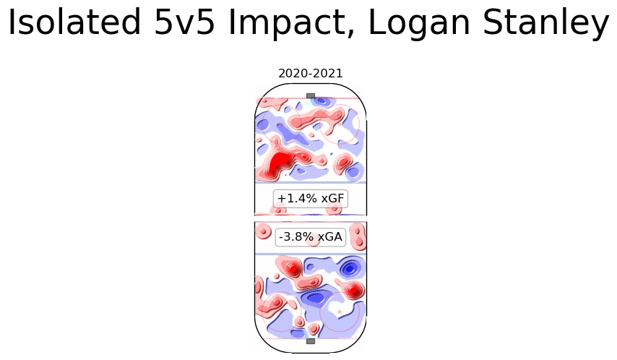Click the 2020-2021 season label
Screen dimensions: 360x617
click(x=311, y=73)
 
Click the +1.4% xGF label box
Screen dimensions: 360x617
click(x=311, y=198)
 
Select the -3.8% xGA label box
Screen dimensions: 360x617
click(x=311, y=236)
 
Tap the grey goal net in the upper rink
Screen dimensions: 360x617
click(x=311, y=95)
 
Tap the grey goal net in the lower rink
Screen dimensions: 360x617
click(x=311, y=340)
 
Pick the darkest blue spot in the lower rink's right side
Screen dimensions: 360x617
click(x=351, y=269)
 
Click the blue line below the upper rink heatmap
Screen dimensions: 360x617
click(x=311, y=182)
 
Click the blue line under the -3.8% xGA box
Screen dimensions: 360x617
click(x=311, y=254)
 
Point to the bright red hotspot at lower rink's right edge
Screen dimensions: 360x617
click(x=353, y=291)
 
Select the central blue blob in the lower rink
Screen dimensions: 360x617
click(x=314, y=297)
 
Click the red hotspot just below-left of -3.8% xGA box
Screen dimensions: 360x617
click(x=292, y=269)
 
